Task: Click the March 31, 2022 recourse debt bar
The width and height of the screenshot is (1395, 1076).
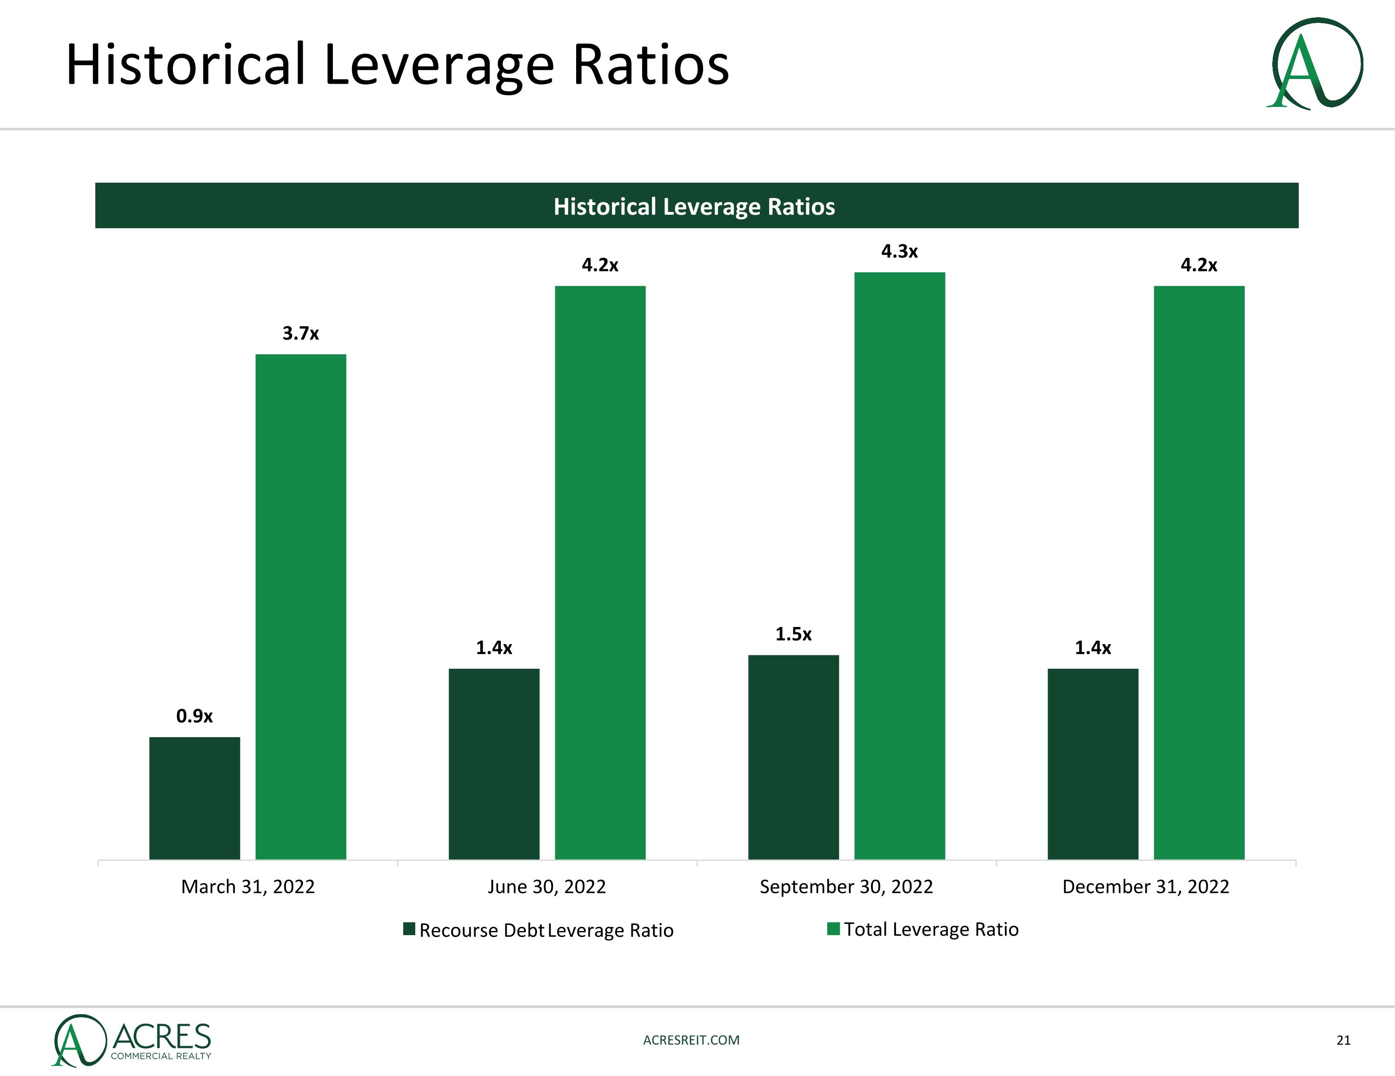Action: click(x=195, y=798)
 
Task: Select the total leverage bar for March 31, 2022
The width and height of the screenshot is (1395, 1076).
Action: click(x=301, y=607)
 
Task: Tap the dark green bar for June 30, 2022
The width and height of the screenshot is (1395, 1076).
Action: click(x=494, y=764)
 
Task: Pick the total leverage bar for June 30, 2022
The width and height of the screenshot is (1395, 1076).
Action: click(x=600, y=572)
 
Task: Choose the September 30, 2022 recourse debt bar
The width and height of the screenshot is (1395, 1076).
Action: click(x=793, y=757)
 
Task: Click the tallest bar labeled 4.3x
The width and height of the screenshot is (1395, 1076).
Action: click(x=899, y=566)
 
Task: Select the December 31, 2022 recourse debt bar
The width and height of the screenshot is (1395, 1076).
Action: click(x=1093, y=764)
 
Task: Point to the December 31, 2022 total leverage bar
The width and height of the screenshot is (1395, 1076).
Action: click(x=1199, y=572)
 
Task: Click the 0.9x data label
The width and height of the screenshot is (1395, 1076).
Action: click(x=194, y=716)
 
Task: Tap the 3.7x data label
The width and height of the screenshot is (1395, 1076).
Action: click(x=300, y=333)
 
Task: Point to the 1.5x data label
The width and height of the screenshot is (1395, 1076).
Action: click(x=793, y=634)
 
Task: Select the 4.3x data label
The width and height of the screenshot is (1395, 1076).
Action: click(x=899, y=251)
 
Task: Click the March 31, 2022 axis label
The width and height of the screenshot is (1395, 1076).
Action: click(x=248, y=886)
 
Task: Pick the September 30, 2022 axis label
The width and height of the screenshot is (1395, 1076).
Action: click(x=846, y=886)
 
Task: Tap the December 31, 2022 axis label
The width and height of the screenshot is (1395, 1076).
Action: click(x=1145, y=886)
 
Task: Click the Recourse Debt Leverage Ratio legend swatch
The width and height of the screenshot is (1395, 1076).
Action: click(x=409, y=929)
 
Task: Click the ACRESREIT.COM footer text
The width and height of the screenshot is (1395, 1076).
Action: click(x=691, y=1040)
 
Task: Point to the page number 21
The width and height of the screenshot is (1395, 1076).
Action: click(x=1343, y=1040)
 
